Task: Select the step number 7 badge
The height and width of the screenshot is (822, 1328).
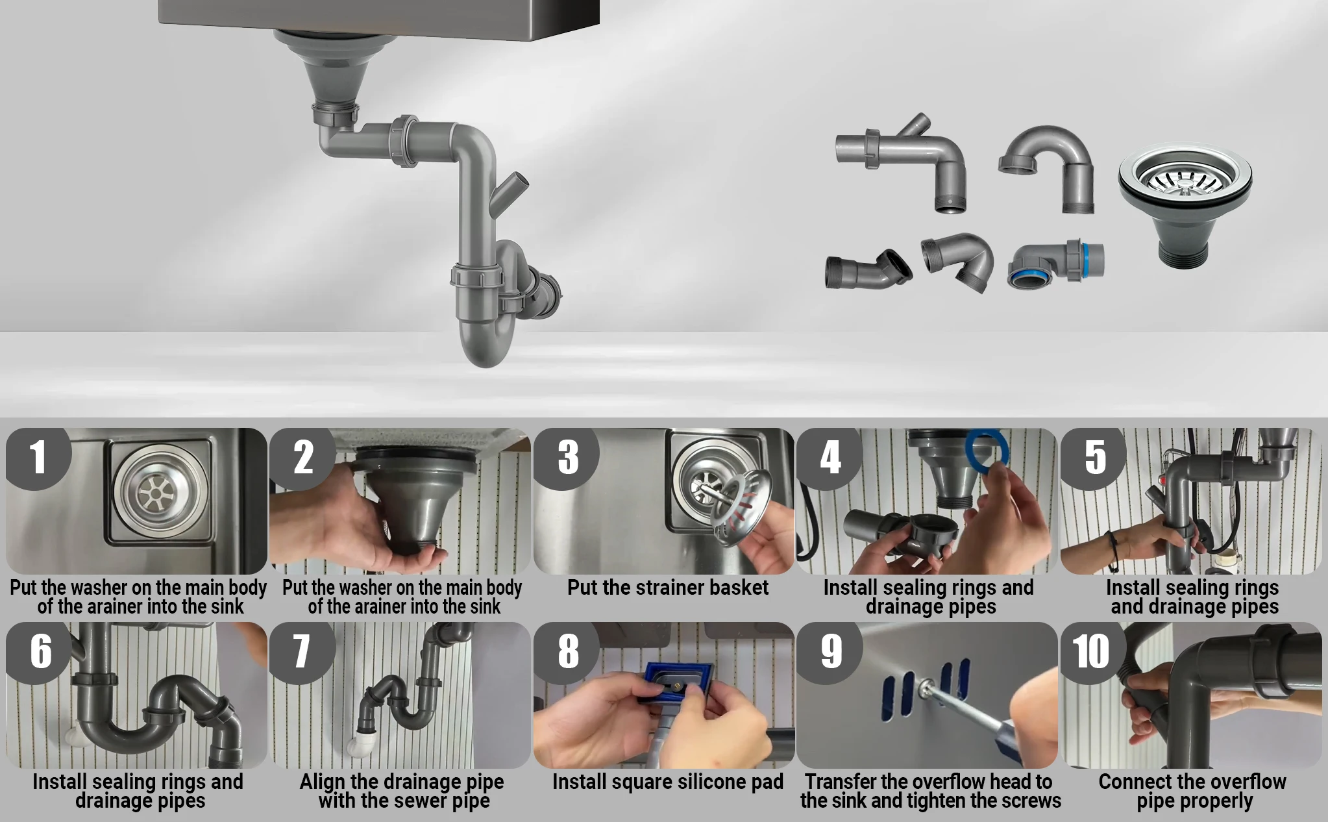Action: pos(302,651)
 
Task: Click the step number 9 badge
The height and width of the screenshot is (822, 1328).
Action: pos(830,651)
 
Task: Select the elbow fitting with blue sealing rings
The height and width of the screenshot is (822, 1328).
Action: pos(1055,263)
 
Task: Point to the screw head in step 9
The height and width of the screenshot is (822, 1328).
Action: pos(926,686)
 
